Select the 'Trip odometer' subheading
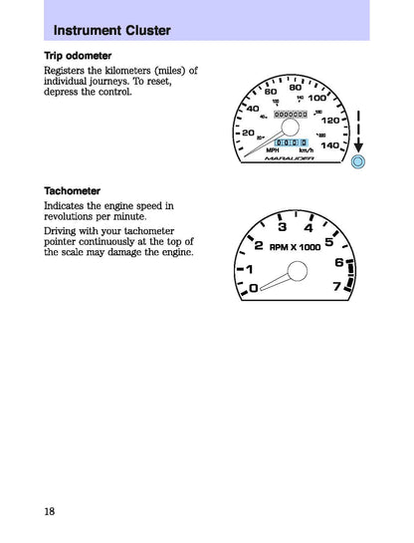pos(78,55)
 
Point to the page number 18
pos(50,511)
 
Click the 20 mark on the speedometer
pos(249,132)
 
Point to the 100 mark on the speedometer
pos(317,98)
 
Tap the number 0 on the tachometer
pos(252,288)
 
